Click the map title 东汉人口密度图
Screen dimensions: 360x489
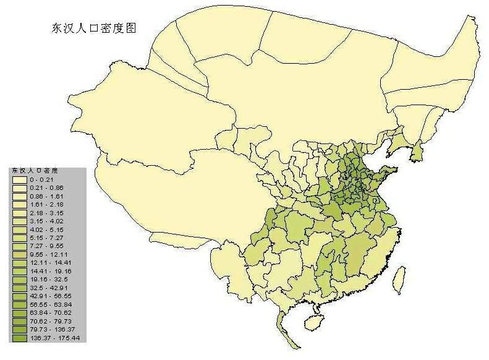[x=93, y=28]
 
